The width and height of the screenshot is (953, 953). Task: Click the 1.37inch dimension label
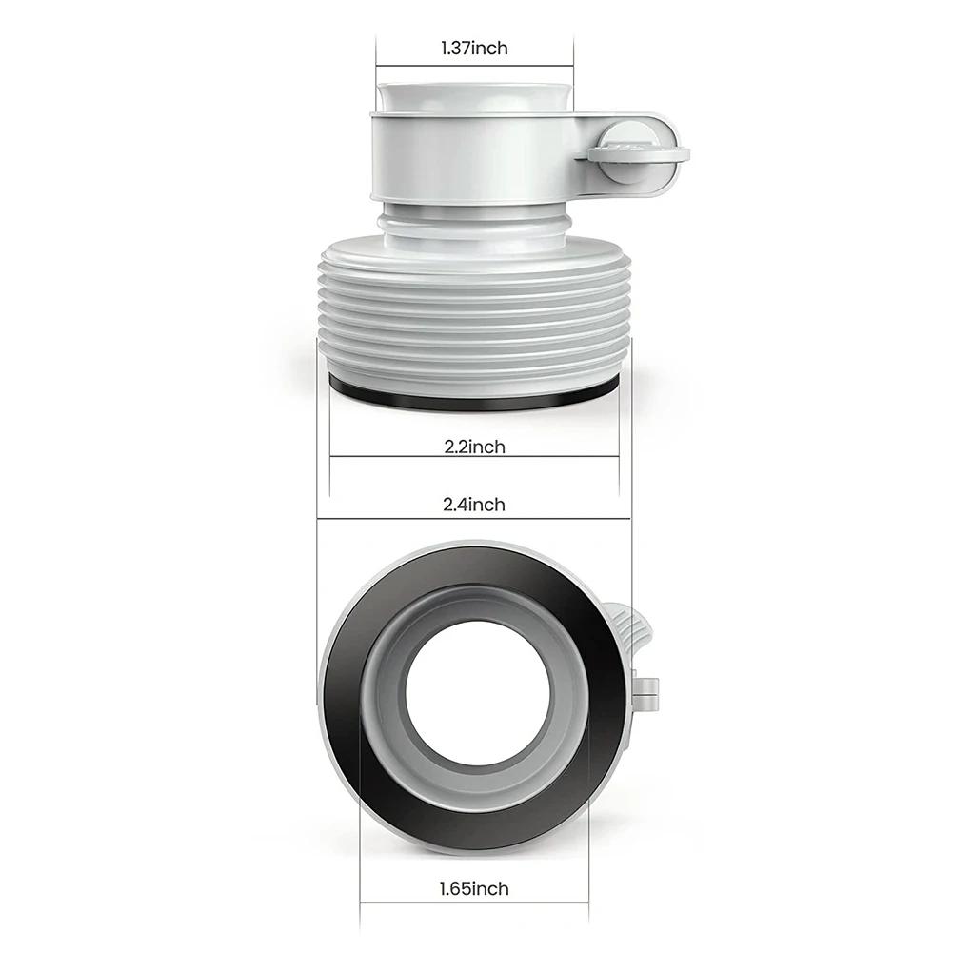(474, 48)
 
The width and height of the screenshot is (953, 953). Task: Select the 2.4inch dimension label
(473, 505)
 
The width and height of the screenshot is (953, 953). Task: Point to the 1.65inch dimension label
(473, 888)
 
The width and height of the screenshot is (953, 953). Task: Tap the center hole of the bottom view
(478, 697)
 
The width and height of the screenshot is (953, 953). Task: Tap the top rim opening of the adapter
(473, 96)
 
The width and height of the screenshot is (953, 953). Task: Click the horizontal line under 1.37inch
(474, 66)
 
